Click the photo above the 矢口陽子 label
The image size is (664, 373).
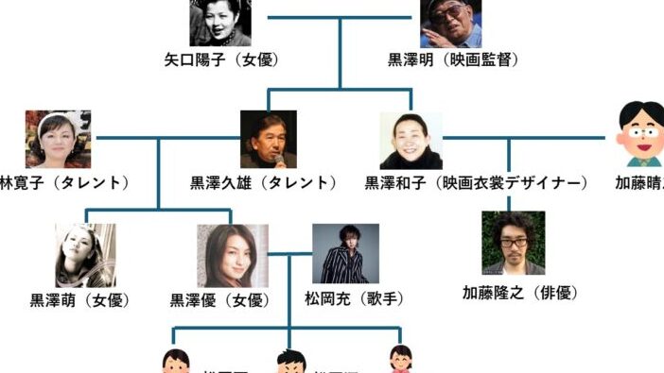pos(221,23)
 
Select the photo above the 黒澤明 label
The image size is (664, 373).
pos(450,23)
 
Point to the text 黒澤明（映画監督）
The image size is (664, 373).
pos(454,60)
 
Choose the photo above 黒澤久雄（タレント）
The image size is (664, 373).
pos(268,139)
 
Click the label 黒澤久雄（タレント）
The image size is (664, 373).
pos(264,182)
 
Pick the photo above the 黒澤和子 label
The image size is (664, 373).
pos(411,140)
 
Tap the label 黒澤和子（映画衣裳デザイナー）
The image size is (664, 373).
pos(477,182)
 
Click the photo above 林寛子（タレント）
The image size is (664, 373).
pos(59,139)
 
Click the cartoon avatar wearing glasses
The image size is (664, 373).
pos(640,135)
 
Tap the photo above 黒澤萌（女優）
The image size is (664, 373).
pos(85,255)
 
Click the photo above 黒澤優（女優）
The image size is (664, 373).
pos(232,255)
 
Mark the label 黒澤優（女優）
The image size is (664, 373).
pos(219,300)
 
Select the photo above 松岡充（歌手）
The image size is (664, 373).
pos(345,253)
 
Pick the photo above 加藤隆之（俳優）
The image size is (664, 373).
pos(514,243)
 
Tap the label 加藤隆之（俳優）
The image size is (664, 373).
pos(519,293)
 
